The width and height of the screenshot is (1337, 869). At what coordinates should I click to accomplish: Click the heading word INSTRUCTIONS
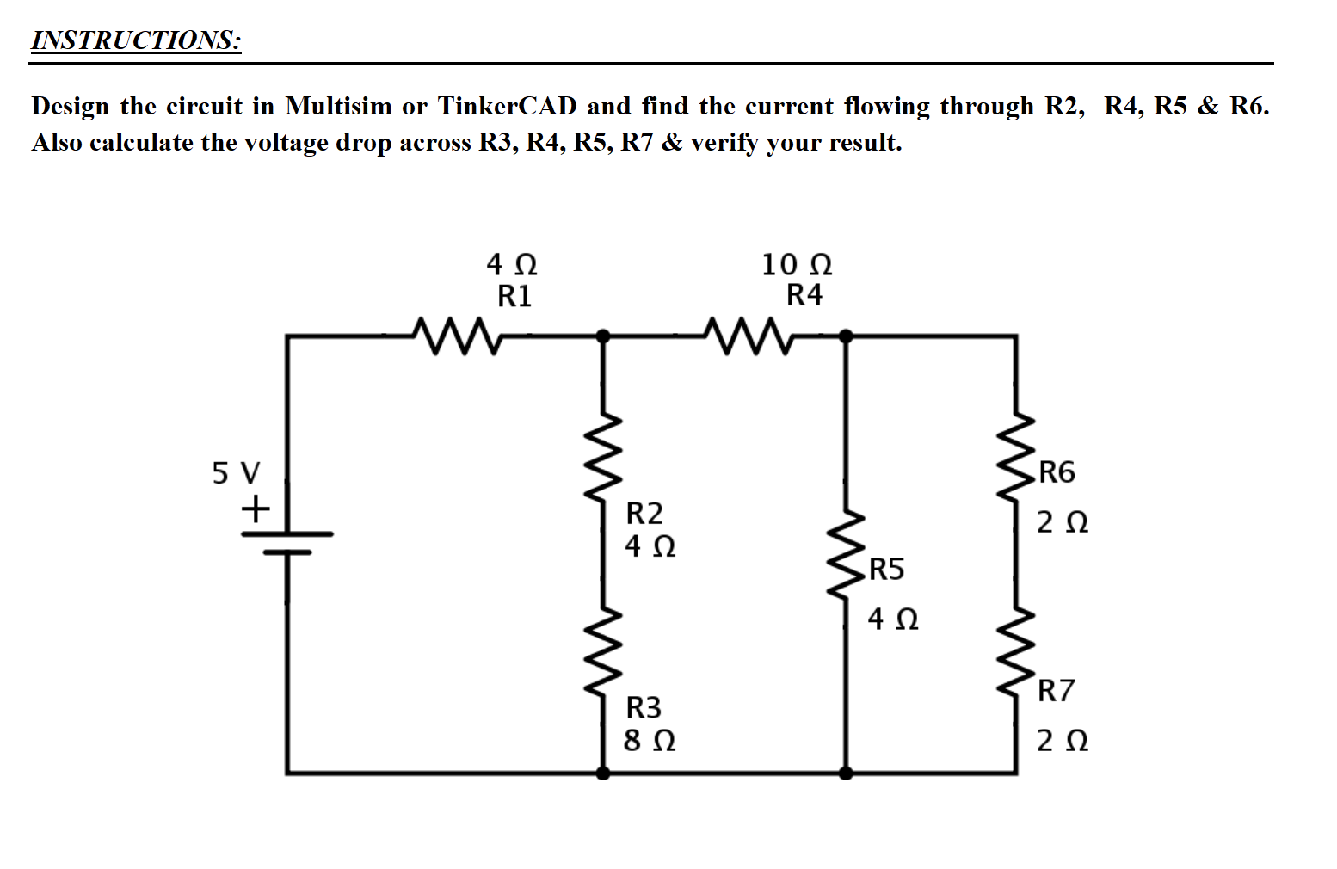coord(136,40)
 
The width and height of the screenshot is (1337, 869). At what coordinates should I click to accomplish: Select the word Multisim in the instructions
coord(338,106)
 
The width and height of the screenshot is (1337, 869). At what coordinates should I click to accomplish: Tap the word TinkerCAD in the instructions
coord(508,106)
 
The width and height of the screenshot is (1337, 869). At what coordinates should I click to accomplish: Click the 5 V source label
coord(236,472)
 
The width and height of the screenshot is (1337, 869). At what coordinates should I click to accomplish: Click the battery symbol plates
coord(286,542)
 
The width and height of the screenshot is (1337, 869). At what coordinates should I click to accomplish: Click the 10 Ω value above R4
coord(797,264)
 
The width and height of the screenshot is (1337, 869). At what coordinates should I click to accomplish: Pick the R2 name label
coord(644,514)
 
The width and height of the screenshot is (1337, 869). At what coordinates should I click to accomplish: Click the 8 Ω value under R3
coord(649,740)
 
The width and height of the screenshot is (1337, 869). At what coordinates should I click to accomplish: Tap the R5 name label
coord(886,570)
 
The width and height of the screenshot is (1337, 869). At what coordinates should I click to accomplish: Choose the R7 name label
coord(1056,691)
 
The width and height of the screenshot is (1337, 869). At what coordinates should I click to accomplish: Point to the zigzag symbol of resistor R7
coord(1016,652)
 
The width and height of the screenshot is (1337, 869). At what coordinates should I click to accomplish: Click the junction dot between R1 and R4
coord(604,336)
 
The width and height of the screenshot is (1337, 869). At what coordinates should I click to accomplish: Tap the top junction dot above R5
coord(846,336)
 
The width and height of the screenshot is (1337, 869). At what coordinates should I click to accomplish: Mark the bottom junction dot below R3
coord(604,773)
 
